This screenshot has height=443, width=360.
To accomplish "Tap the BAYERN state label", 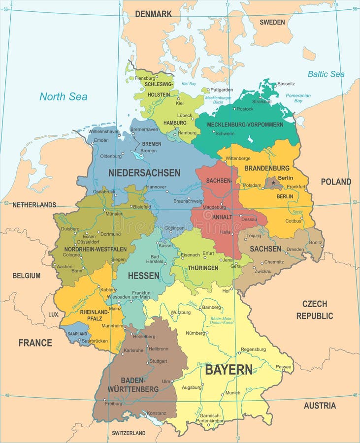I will pos(229,370).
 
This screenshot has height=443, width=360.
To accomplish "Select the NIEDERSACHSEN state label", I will pos(144,173).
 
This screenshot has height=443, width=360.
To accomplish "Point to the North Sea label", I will pos(64,96).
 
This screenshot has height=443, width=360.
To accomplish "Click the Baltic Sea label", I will pos(326,74).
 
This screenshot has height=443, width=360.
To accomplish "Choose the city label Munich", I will pos(233,393).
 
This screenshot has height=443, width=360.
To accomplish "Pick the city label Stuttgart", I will pos(158,361).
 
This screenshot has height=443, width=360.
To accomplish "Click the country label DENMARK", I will pos(154,14).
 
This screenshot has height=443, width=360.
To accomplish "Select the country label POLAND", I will pos(336,182).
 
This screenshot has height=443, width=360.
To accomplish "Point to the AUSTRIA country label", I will pos(320,406).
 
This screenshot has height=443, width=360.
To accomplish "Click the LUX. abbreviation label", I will pos(54,314).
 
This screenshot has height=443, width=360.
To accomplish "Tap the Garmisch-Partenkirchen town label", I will pos(210,418).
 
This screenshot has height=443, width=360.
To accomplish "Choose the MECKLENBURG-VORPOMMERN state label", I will pos(245,125).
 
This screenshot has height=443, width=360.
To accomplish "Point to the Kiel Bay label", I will pos(189,84).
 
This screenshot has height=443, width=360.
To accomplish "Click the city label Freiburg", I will pos(113,404).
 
